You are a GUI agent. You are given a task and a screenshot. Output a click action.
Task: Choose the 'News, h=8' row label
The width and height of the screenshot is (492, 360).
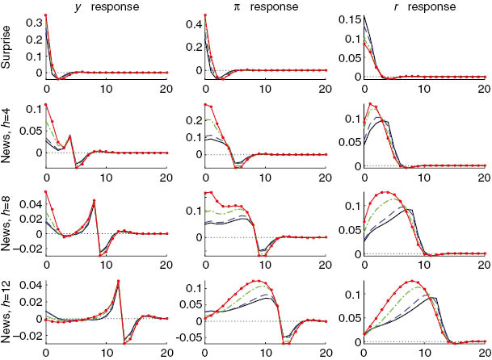(x=7, y=223)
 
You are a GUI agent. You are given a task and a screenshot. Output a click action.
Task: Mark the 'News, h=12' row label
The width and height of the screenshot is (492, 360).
(x=7, y=312)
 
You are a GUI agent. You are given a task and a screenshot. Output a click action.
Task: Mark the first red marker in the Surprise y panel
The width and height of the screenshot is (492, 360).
(x=46, y=15)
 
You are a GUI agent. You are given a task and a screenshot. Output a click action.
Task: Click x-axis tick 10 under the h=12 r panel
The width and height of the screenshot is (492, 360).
(x=423, y=353)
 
